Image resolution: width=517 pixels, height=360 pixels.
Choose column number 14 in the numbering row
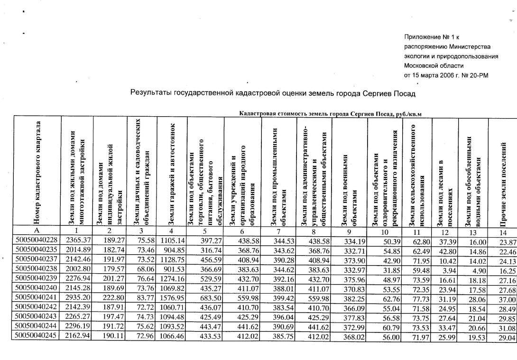tap(502, 232)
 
